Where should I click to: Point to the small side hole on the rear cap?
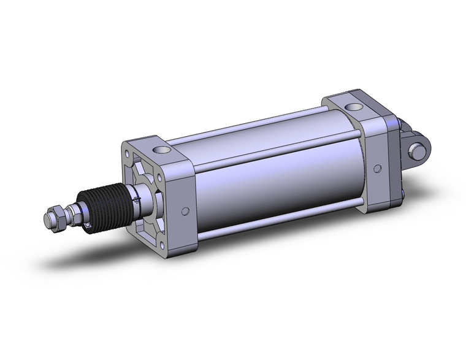tap(378, 167)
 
